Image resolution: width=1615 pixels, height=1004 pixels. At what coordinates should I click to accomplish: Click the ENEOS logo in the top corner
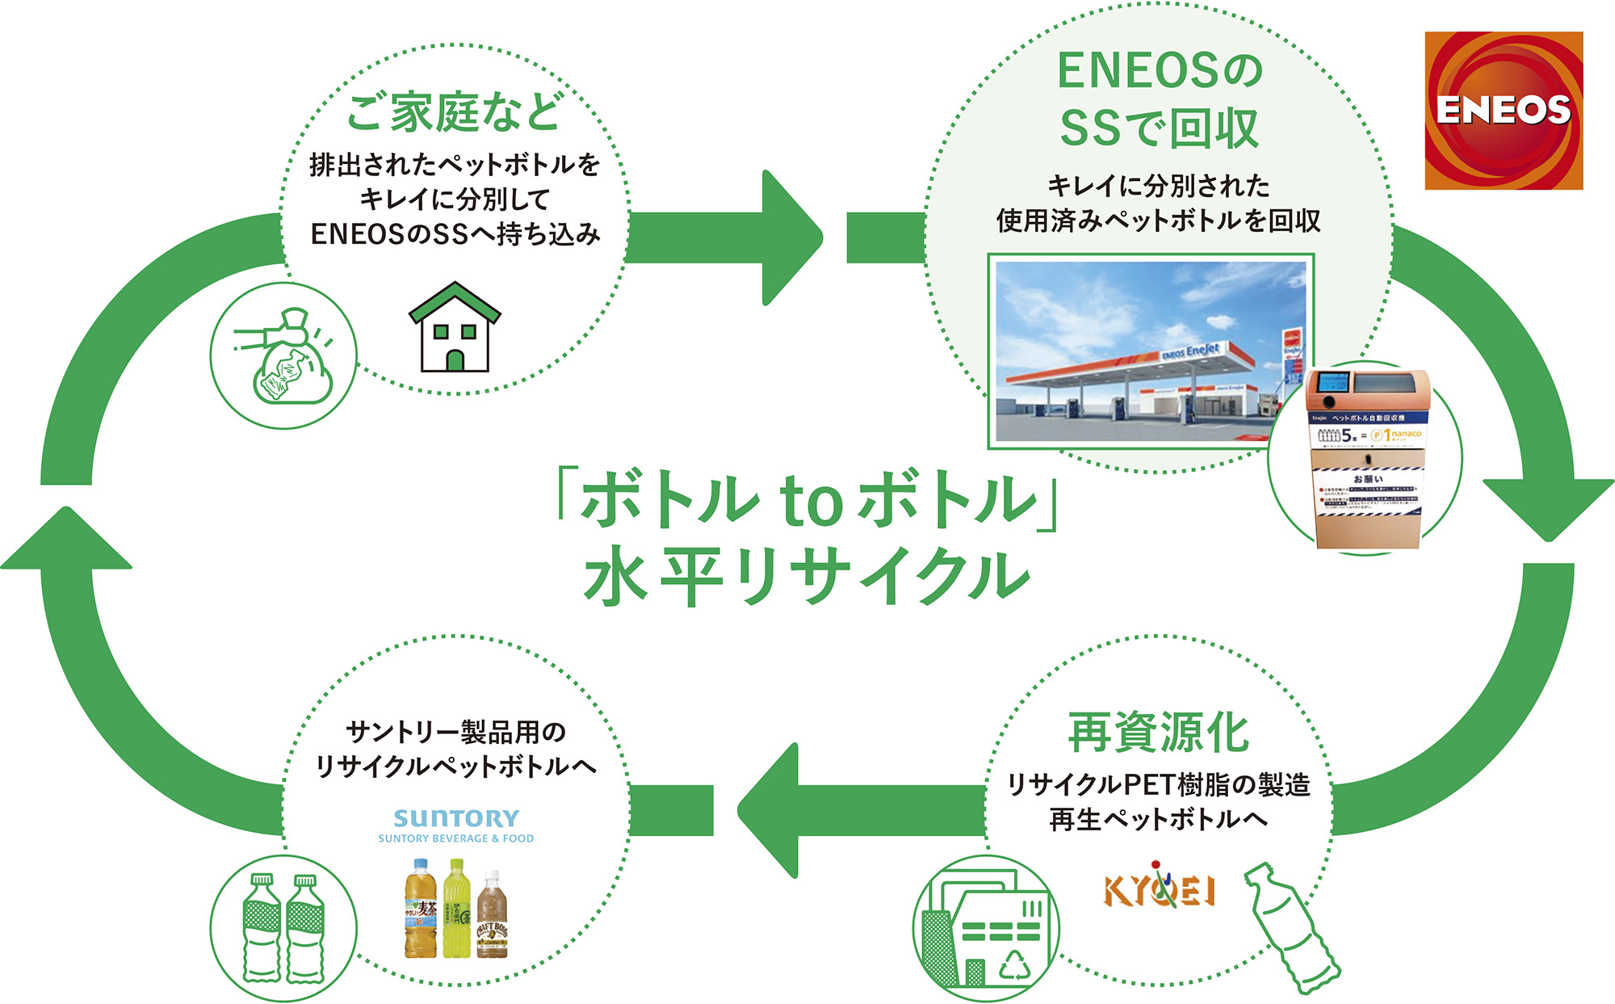pos(1504,111)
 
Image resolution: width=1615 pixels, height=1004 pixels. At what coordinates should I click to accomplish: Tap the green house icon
pos(455,328)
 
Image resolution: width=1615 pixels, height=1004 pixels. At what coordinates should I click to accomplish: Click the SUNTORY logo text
pos(456,818)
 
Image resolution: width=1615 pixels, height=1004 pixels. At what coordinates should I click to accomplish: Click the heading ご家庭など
pos(454,112)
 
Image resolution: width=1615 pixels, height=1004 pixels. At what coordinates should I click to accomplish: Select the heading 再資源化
pos(1159,733)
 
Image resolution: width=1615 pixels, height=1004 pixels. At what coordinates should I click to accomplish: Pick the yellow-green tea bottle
pos(456,908)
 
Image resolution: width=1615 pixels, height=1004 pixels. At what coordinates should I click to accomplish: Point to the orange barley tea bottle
pos(420,909)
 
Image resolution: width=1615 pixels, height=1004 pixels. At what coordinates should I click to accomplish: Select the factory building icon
pos(985,929)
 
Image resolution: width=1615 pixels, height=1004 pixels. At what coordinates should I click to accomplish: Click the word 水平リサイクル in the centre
pos(807,575)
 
